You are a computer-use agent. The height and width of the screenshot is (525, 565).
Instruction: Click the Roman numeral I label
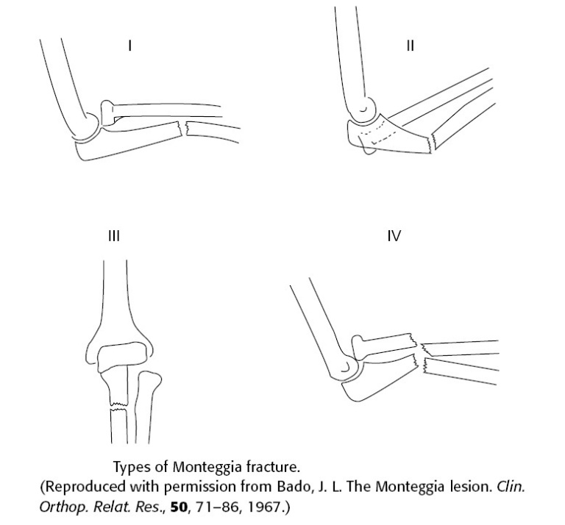click(130, 46)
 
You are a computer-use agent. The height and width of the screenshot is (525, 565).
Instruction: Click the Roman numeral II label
click(411, 46)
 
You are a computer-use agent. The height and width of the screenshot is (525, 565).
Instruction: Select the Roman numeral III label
click(113, 236)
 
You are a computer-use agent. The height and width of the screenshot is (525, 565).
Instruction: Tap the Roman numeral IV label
click(394, 236)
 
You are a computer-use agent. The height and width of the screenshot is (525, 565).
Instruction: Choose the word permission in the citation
click(177, 487)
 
